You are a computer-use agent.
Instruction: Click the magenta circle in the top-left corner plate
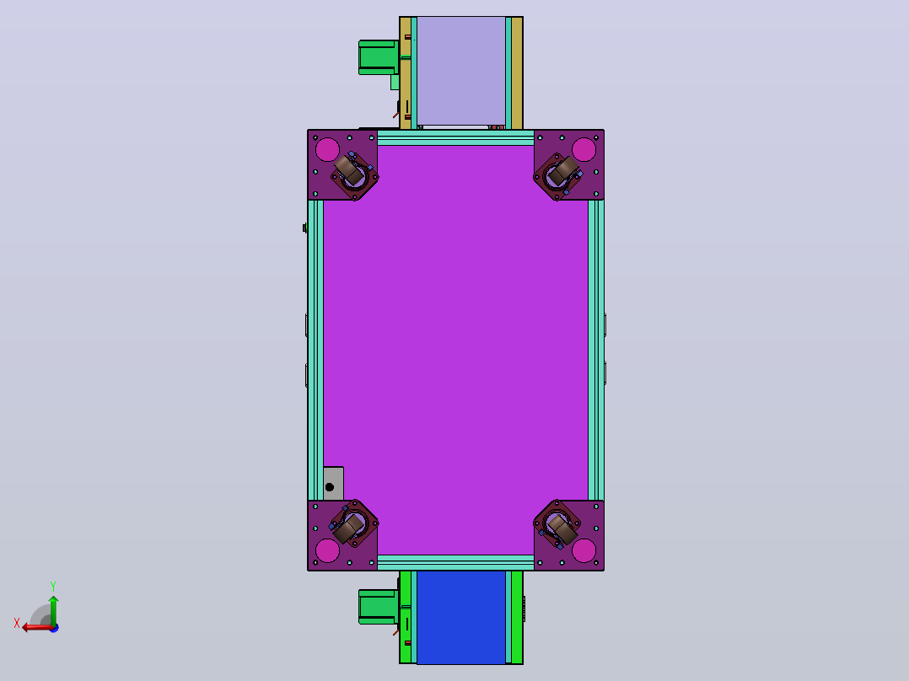(327, 149)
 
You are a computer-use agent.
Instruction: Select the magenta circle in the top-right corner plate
(584, 149)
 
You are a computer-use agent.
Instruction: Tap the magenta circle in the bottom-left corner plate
(327, 550)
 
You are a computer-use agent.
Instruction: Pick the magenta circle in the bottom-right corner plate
(584, 550)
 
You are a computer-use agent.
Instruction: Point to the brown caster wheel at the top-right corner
(563, 170)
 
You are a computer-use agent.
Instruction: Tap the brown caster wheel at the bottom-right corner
(562, 528)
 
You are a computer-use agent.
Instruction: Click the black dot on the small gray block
(329, 487)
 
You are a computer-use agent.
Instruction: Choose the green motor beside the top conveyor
(378, 57)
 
